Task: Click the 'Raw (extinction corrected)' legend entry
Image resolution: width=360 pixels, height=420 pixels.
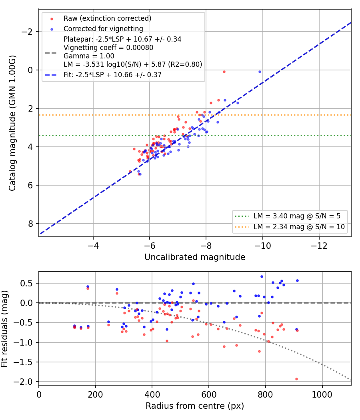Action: pos(107,18)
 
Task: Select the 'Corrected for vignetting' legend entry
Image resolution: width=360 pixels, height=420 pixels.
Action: pos(103,29)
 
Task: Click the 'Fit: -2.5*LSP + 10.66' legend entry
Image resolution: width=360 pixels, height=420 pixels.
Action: pos(112,75)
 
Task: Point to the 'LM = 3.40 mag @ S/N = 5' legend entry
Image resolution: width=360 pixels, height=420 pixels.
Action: pos(297,216)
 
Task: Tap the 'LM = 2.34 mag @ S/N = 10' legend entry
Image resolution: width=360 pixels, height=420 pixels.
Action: pos(299,227)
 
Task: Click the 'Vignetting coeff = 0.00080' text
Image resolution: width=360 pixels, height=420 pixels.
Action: pos(108,48)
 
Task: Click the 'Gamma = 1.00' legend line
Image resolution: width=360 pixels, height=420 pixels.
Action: pos(89,56)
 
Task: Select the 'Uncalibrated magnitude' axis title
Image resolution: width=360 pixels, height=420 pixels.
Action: pos(195,257)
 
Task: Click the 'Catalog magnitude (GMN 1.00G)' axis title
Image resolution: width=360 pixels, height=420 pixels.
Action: pos(12,123)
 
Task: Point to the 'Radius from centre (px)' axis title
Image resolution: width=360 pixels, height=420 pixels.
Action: pos(195,406)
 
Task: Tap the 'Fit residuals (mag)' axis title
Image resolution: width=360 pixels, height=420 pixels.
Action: pos(4,329)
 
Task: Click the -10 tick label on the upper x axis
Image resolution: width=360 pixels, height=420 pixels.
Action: pos(262,246)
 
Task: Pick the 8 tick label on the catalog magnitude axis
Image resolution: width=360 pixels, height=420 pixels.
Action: pos(30,224)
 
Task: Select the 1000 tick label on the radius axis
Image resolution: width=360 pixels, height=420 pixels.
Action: pos(322,394)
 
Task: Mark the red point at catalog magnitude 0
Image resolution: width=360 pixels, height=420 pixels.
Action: pos(224,72)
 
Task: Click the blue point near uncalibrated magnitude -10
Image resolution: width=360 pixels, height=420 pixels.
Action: pos(260,72)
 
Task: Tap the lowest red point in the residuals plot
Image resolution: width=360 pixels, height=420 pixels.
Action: pos(296,379)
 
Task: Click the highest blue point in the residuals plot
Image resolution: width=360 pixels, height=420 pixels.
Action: pos(262,277)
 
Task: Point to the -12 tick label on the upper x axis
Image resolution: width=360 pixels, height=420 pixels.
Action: pos(319,246)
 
